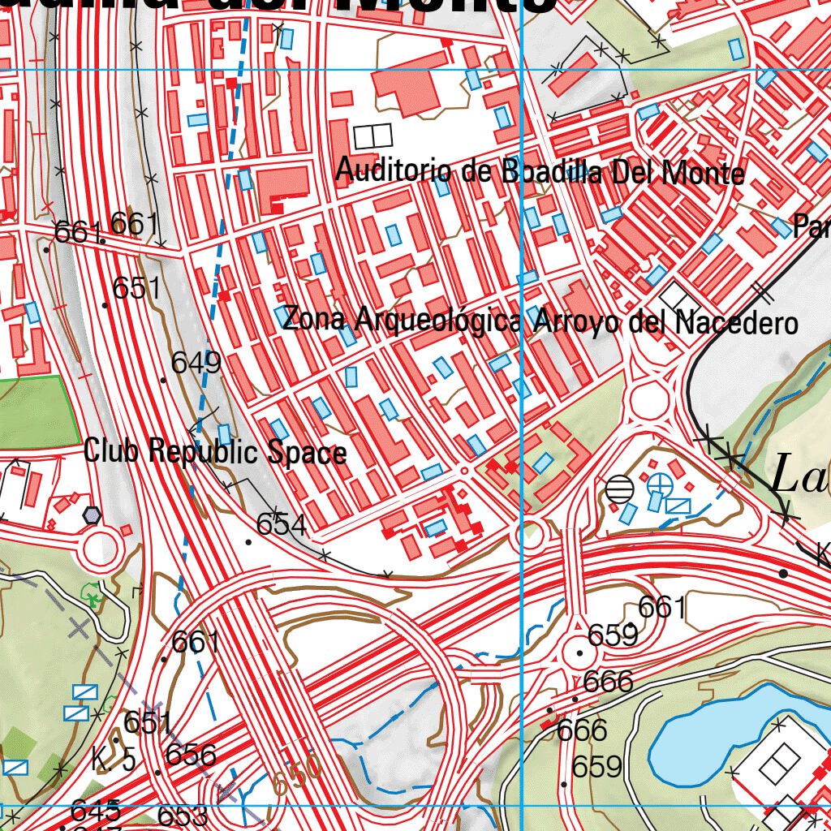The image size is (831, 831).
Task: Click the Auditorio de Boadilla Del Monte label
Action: click(540, 172)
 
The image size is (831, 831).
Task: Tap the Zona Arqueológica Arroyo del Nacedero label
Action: click(540, 321)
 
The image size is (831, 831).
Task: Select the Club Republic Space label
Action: click(215, 452)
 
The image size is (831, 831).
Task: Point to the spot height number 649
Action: click(196, 363)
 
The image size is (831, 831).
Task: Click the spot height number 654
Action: click(282, 525)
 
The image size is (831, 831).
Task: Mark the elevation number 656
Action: click(191, 756)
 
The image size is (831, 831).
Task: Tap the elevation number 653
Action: click(183, 816)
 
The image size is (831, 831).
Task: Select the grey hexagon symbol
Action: click(92, 515)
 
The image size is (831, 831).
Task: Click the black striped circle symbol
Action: click(620, 489)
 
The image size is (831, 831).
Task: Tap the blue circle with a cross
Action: click(660, 485)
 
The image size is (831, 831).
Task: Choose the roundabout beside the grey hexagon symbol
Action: click(101, 550)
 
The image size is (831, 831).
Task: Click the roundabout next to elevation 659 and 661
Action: click(579, 652)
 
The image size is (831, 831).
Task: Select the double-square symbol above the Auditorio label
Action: click(372, 136)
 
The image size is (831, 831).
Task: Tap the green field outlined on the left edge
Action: click(37, 412)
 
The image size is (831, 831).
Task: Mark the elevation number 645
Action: click(96, 810)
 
